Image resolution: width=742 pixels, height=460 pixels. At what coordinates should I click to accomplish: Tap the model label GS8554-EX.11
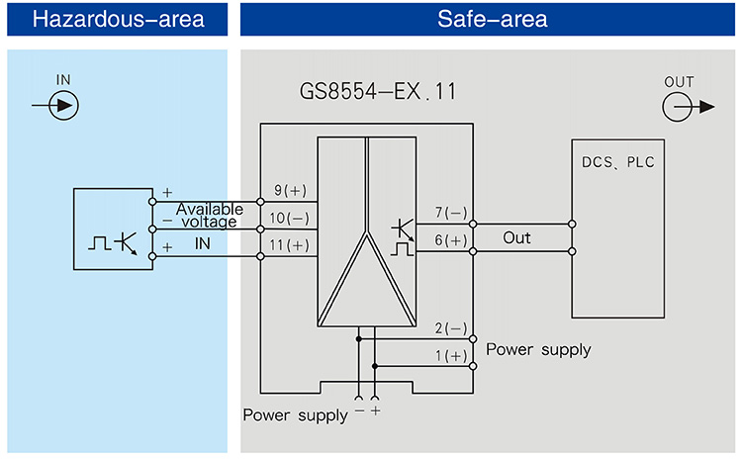[x=378, y=94]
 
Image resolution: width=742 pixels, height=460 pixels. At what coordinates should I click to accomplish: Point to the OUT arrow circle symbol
[x=679, y=108]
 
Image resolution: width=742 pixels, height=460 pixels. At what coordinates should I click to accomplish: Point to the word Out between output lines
[x=516, y=238]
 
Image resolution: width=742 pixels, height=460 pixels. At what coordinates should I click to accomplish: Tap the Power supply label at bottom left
[x=295, y=414]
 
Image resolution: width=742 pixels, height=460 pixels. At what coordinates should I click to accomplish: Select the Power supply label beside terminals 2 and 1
[x=538, y=349]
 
